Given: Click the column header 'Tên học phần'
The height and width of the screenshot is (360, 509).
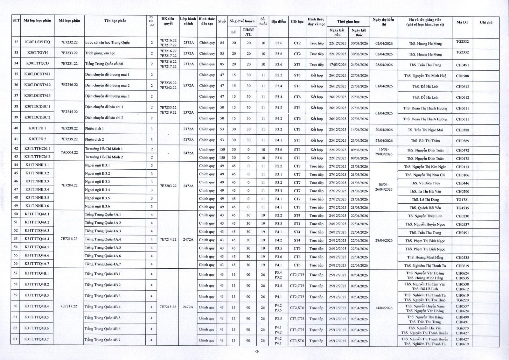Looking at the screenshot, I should tap(115, 21).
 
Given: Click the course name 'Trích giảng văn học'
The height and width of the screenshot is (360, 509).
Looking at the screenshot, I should tap(100, 53).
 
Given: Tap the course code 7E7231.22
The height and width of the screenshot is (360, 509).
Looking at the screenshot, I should tap(69, 64).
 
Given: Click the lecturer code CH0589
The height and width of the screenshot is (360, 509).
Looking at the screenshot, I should tap(462, 141).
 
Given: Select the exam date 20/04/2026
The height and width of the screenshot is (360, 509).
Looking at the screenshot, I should tap(384, 130).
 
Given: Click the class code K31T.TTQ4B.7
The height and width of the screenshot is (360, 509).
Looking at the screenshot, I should tap(37, 339).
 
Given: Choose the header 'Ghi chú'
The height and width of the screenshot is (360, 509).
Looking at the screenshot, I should tap(486, 22).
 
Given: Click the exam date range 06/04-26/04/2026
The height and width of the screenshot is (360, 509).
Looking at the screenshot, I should tap(384, 187).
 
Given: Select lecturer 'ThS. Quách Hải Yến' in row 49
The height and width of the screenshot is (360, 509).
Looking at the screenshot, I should tap(425, 208).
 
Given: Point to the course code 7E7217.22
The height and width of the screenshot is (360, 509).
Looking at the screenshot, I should tap(69, 306).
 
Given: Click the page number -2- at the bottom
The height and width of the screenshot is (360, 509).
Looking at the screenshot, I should tap(257, 352).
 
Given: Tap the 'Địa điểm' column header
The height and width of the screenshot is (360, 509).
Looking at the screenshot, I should tap(278, 22).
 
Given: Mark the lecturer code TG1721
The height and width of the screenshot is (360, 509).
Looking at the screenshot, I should tap(462, 200).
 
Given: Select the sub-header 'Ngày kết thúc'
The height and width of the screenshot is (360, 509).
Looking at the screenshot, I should tap(359, 32).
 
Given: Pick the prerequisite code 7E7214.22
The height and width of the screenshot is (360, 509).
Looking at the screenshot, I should tap(168, 239).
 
